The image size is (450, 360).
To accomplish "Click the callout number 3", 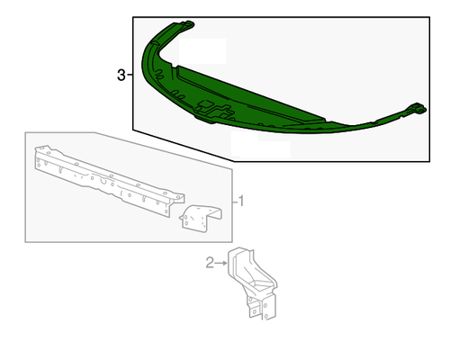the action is [121, 75].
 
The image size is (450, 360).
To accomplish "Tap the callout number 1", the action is [241, 201].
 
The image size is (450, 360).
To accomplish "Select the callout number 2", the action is [210, 263].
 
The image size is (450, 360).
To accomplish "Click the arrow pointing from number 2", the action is [221, 263].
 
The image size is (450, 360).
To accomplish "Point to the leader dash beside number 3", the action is [130, 75].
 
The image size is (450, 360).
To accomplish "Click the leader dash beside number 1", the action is [235, 202].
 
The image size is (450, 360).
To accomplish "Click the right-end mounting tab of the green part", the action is [418, 109].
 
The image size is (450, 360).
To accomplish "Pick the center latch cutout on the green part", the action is [214, 110].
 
